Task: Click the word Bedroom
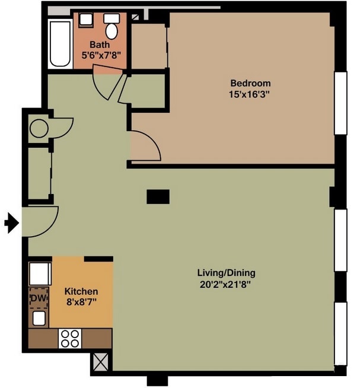pyautogui.click(x=250, y=83)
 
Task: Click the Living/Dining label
pyautogui.click(x=226, y=273)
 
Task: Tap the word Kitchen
pyautogui.click(x=81, y=291)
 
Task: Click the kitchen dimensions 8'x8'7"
pyautogui.click(x=81, y=302)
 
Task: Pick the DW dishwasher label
pyautogui.click(x=38, y=298)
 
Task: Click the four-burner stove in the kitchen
pyautogui.click(x=70, y=338)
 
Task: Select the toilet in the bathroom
pyautogui.click(x=111, y=28)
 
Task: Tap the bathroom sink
pyautogui.click(x=86, y=20)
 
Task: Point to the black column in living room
pyautogui.click(x=158, y=197)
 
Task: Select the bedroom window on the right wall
pyautogui.click(x=340, y=103)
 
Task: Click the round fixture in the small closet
pyautogui.click(x=39, y=128)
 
